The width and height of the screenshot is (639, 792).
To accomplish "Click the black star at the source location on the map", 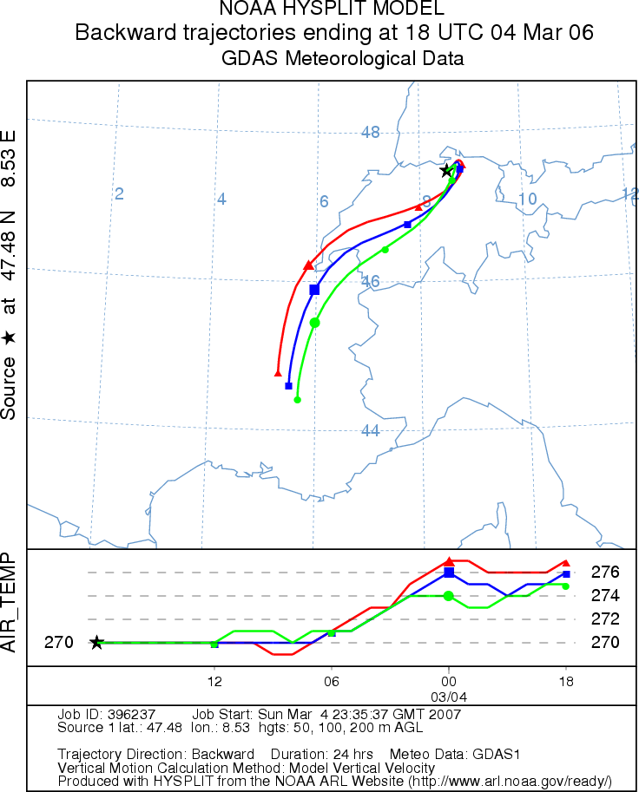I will click(446, 170).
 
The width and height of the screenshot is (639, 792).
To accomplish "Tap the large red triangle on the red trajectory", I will click(308, 265).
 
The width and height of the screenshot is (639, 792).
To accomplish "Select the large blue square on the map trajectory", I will click(314, 289).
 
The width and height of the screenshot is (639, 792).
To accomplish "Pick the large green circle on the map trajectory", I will click(314, 323).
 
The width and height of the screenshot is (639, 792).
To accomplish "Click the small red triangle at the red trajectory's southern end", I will click(278, 373).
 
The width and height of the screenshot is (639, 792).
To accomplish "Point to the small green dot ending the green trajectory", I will click(297, 400).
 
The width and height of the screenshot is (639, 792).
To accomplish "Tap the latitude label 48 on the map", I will click(371, 133).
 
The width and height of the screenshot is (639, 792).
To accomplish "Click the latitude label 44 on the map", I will click(370, 431).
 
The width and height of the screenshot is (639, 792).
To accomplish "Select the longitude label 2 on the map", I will click(120, 193).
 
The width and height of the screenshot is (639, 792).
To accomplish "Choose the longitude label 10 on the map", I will click(527, 200).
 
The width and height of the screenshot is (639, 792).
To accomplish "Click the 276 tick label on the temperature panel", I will click(604, 573).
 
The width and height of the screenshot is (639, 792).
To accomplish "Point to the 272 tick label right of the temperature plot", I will click(604, 619).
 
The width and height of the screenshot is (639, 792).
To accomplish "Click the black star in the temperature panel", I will click(96, 643).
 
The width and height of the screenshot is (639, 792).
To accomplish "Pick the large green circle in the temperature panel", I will click(448, 596).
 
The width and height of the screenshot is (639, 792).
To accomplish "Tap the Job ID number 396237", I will click(129, 715).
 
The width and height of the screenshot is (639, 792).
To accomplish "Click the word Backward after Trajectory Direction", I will click(224, 754).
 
